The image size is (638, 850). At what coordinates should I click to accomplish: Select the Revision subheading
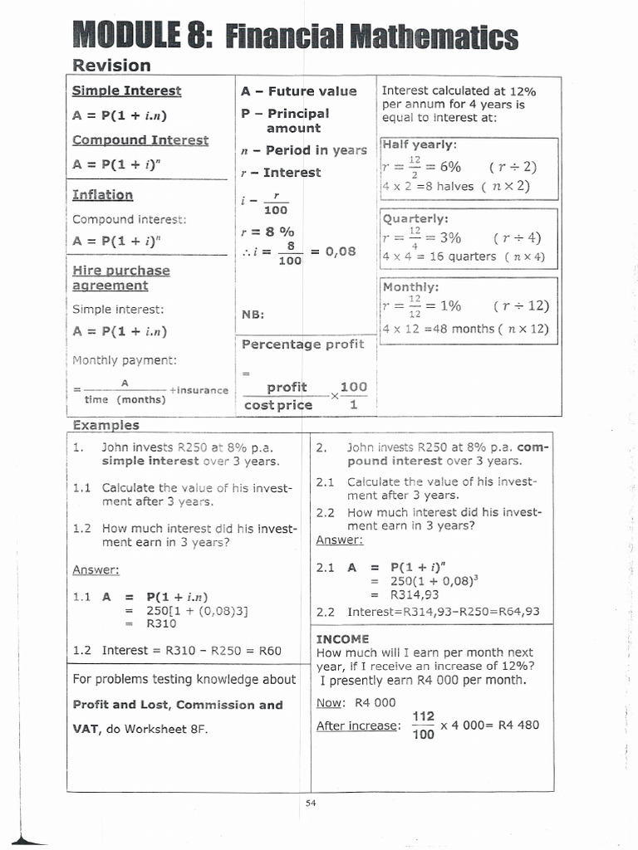[111, 66]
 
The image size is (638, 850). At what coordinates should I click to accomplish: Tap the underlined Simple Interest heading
[126, 90]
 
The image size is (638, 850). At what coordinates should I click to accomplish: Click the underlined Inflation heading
[102, 194]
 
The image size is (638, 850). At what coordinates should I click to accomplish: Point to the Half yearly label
[420, 144]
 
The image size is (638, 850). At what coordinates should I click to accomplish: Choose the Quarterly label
[415, 218]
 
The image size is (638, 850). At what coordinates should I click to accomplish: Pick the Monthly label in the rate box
[411, 287]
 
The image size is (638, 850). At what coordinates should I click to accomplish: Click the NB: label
[253, 315]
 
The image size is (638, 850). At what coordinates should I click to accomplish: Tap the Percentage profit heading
[302, 344]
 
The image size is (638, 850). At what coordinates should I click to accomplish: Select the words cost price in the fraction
[278, 405]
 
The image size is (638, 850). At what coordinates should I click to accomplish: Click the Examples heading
[106, 425]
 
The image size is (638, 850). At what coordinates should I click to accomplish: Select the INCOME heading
[342, 638]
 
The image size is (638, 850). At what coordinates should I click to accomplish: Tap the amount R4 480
[518, 725]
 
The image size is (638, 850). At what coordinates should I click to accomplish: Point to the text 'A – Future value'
[298, 91]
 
